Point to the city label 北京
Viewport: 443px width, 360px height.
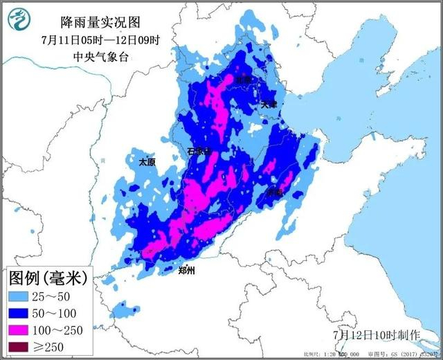click(x=245, y=80)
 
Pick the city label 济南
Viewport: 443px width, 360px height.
click(x=275, y=192)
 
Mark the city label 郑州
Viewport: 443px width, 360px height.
click(x=185, y=271)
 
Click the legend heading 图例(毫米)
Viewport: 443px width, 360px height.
click(x=48, y=280)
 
